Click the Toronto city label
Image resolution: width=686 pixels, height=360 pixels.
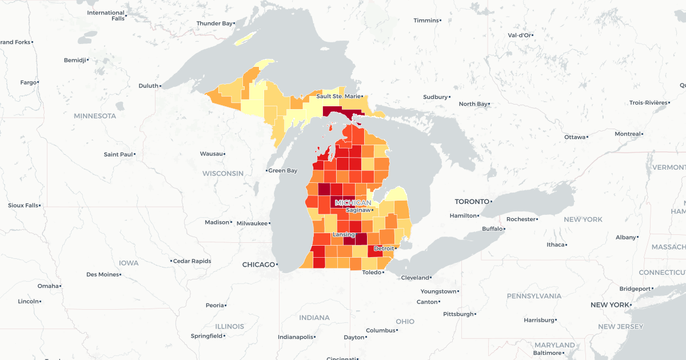tap(472, 202)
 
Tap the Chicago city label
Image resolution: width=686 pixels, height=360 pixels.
tap(258, 265)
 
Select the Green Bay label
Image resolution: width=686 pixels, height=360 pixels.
tap(283, 171)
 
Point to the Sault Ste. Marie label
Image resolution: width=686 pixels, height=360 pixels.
tap(338, 97)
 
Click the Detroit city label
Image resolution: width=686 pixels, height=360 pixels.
tap(384, 249)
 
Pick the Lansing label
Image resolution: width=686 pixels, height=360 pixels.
tap(343, 235)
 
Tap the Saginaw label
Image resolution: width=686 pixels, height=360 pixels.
tap(358, 210)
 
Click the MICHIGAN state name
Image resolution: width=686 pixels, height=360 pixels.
tap(353, 203)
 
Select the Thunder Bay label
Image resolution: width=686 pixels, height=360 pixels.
tap(215, 23)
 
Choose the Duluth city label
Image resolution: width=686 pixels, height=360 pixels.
tap(148, 86)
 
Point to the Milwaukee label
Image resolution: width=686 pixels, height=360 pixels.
tap(252, 223)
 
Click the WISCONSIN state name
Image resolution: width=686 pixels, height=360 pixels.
tap(222, 173)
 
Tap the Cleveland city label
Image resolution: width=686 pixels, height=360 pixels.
tap(415, 278)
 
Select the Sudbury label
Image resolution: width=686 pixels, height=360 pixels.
tap(435, 97)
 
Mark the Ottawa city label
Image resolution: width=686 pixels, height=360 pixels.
tap(575, 137)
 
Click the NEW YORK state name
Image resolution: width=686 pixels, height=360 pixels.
tap(583, 219)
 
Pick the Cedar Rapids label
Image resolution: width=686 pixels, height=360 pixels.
tap(192, 261)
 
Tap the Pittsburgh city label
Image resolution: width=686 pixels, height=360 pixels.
tap(458, 314)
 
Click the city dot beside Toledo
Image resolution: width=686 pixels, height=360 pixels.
tap(384, 273)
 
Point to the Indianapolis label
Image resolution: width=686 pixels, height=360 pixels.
tap(296, 337)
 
